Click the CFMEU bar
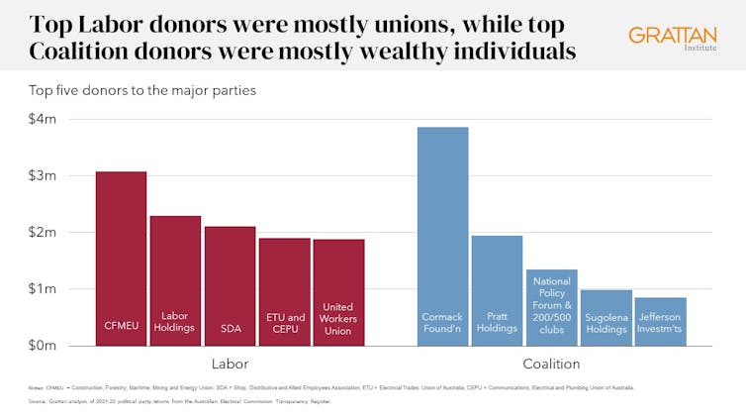[121, 259]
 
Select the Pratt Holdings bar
[497, 290]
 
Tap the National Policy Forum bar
[551, 307]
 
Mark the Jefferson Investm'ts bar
[660, 321]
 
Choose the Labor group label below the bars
[230, 364]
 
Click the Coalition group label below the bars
[551, 364]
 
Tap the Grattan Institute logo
[671, 39]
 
